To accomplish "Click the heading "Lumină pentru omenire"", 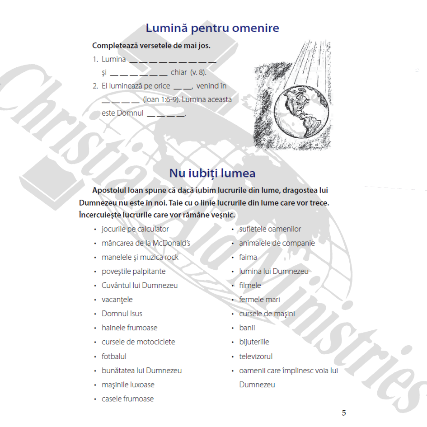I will [212, 28].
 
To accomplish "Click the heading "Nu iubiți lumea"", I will [212, 173].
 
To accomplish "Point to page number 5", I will [344, 413].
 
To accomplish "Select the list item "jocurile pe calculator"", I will [135, 229].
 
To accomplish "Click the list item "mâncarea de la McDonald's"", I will [145, 243].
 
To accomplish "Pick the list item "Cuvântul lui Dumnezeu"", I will [140, 286].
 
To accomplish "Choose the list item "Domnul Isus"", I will [122, 314].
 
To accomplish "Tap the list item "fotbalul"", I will [114, 357].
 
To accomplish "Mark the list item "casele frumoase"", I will [127, 399].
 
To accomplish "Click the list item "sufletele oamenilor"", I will [270, 229].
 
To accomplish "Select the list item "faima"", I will [248, 257].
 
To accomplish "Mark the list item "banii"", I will [247, 328].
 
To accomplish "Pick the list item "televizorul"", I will [256, 357].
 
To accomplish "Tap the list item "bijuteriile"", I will [254, 342].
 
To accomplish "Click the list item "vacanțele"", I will [117, 300].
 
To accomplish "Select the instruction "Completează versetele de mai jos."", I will [151, 46].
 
